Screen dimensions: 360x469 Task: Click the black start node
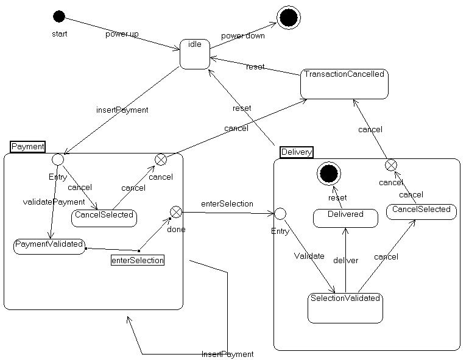coord(58,16)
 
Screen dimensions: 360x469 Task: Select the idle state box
coord(195,54)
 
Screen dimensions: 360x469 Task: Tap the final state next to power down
coord(289,17)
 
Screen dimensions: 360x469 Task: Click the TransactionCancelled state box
coord(344,83)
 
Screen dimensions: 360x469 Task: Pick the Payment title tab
coord(28,147)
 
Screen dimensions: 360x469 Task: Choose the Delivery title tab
coord(297,152)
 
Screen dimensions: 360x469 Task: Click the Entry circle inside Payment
coord(58,159)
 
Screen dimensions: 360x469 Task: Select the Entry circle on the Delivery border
coord(280,213)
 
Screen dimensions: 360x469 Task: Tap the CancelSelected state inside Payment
coord(104,217)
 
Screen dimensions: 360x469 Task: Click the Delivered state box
coord(345,218)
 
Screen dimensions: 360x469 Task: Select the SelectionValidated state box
coord(345,308)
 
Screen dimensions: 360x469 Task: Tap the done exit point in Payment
coord(175,211)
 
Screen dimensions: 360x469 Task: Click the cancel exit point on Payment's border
coord(160,159)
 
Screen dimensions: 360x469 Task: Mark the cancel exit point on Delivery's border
coord(390,164)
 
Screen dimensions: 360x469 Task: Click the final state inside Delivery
coord(328,174)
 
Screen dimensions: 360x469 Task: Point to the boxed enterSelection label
coord(138,260)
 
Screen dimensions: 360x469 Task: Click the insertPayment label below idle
coord(122,110)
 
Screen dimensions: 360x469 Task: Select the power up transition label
coord(122,34)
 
